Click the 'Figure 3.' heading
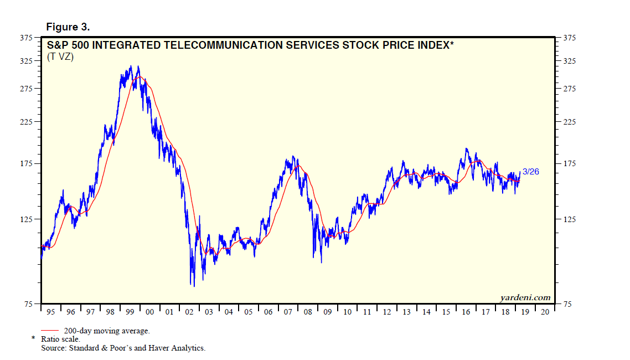[x=68, y=27]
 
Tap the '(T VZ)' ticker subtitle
[x=60, y=56]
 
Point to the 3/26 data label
[x=530, y=172]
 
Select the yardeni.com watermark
[x=525, y=297]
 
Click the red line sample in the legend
[x=51, y=331]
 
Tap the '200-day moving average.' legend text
[x=107, y=331]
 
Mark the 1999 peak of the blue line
[x=138, y=66]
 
